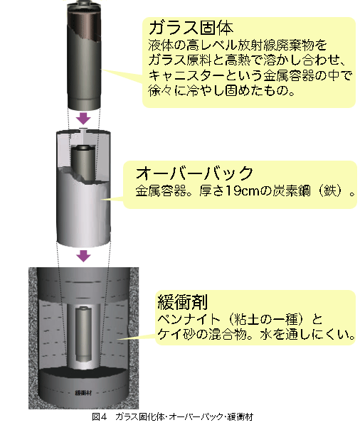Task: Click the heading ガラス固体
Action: point(191,28)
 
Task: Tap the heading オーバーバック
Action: point(194,173)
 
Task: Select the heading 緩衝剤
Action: point(183,302)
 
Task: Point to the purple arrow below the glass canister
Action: point(83,119)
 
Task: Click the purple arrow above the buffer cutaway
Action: point(83,256)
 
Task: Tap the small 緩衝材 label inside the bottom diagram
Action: point(83,393)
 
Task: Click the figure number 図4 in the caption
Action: point(100,416)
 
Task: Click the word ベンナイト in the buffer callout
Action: point(189,319)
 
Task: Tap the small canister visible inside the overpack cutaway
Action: point(83,162)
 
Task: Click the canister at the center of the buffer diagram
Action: point(83,334)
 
